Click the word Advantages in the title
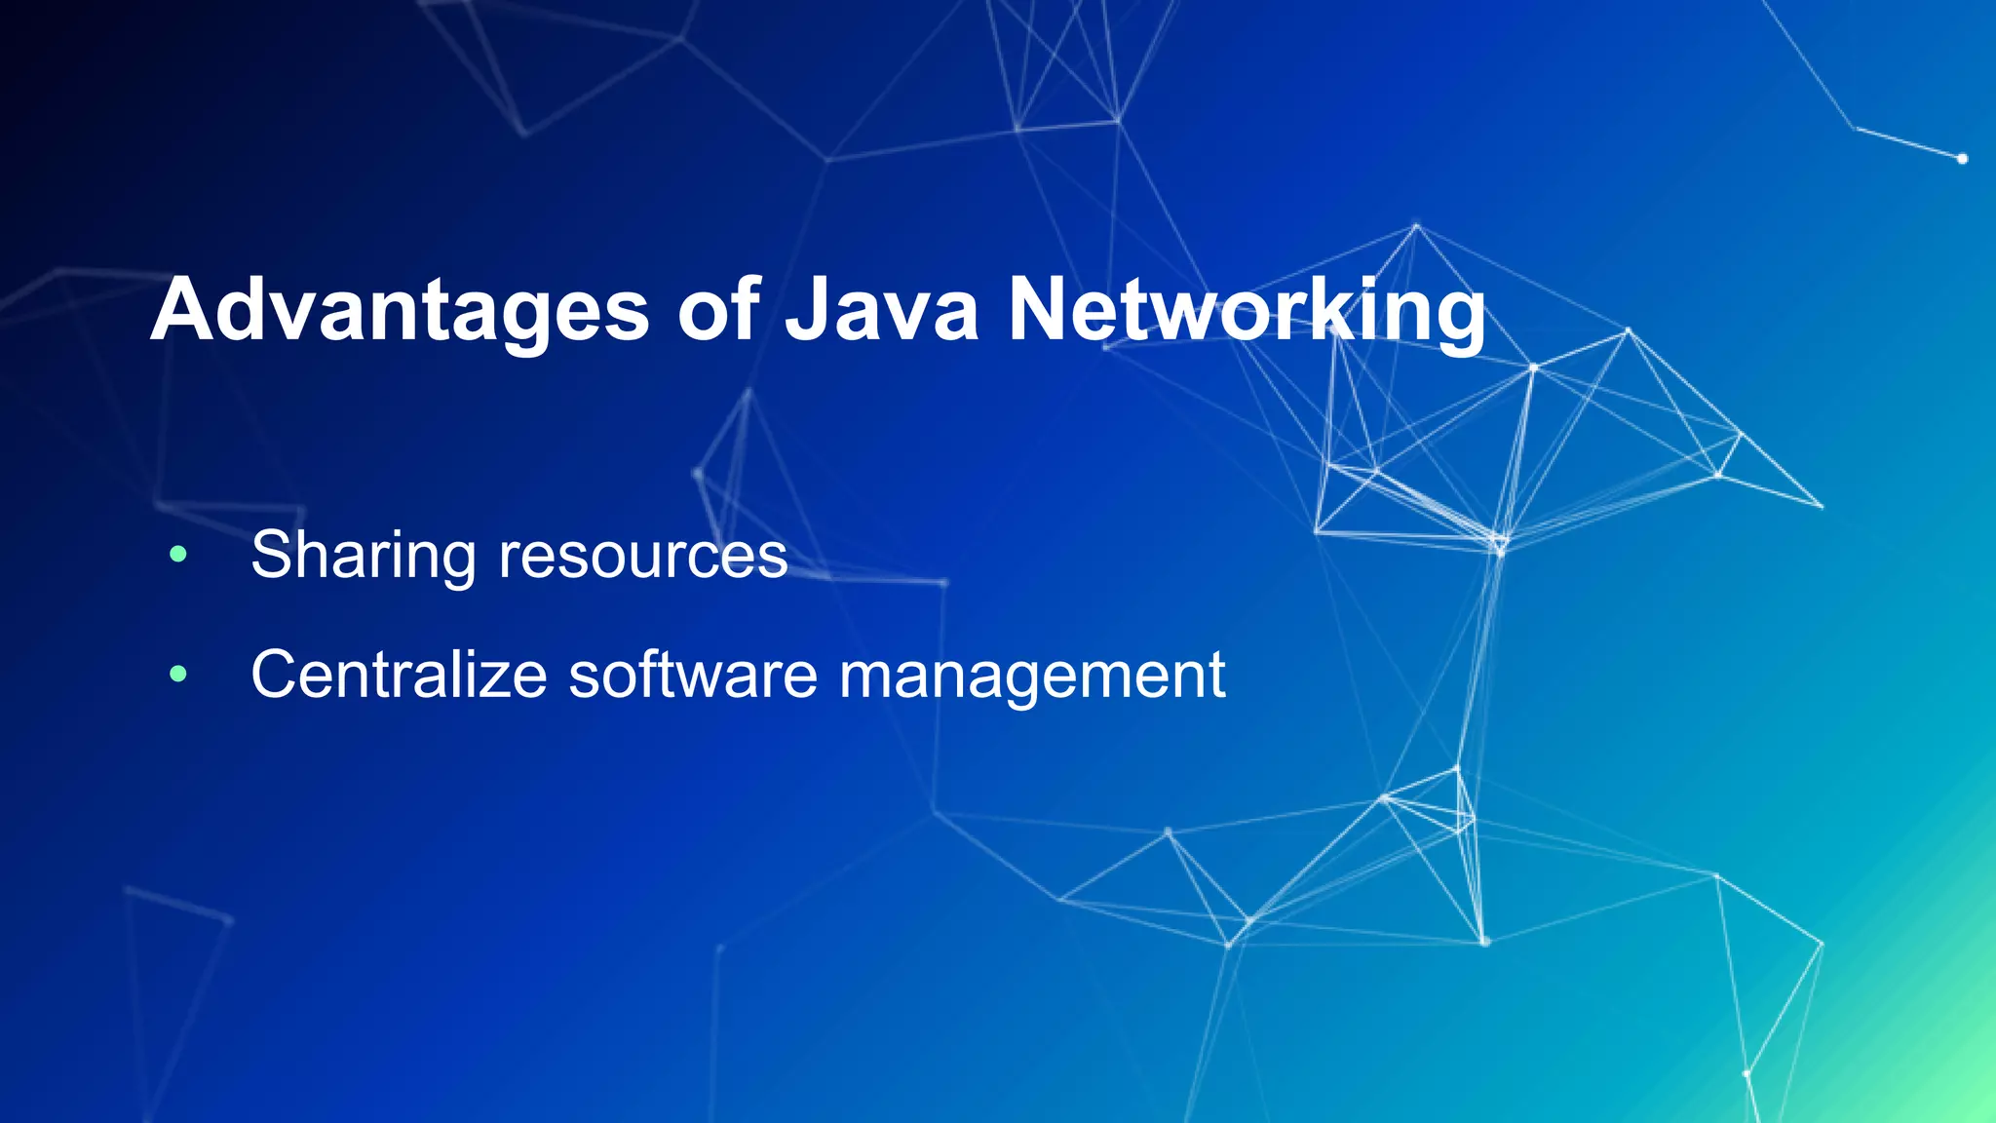click(x=400, y=310)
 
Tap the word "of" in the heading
click(x=718, y=310)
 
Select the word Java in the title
click(x=882, y=310)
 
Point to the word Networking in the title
click(x=1247, y=310)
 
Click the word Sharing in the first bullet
click(x=364, y=556)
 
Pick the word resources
click(x=643, y=556)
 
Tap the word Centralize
click(x=399, y=674)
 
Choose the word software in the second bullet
click(x=693, y=674)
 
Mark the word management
click(x=1031, y=676)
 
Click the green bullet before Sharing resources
click(x=177, y=555)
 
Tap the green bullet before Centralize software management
click(x=177, y=674)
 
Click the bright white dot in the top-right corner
click(x=1962, y=158)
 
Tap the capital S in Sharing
click(x=274, y=556)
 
